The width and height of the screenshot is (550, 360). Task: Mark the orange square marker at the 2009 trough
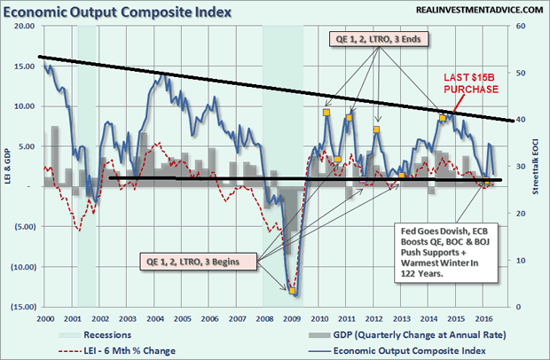tap(292, 291)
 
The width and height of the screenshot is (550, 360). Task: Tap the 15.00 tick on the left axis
tap(22, 66)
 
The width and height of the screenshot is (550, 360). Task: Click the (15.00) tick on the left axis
tap(21, 307)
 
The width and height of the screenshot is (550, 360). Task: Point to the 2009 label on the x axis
tap(292, 318)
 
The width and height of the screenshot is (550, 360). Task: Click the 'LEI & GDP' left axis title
tap(6, 167)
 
